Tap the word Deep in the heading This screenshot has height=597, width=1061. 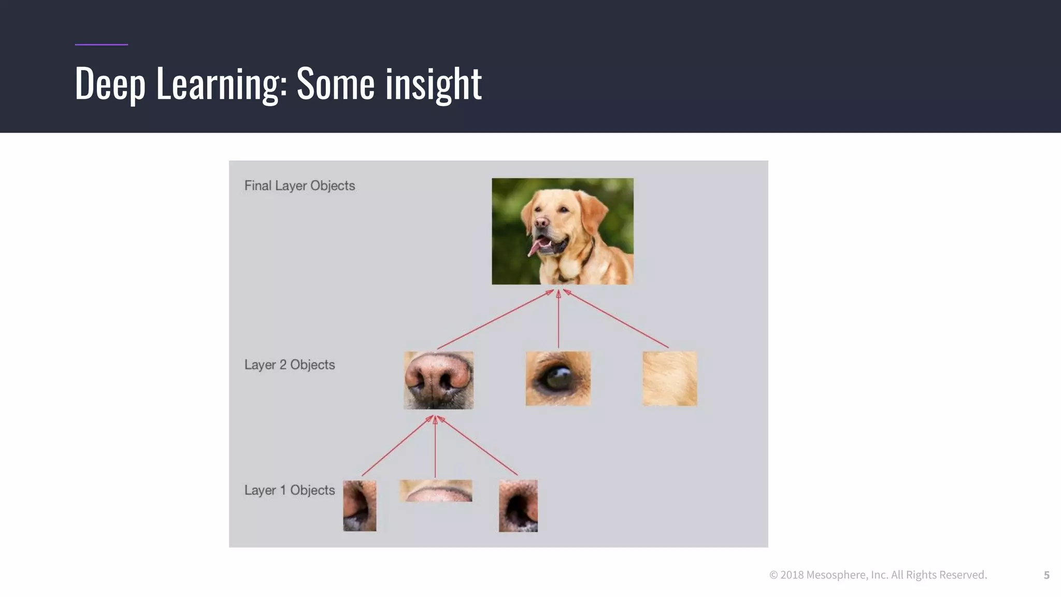click(109, 84)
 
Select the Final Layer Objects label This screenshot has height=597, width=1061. click(299, 186)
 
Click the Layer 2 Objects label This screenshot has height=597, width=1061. click(290, 365)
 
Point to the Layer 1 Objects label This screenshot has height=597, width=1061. click(290, 490)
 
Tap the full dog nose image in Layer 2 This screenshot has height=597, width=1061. click(438, 380)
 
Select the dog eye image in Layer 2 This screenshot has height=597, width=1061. click(558, 378)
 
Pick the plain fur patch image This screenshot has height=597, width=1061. click(669, 378)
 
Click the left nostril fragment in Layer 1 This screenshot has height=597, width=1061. click(360, 506)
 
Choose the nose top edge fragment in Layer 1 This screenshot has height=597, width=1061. click(436, 491)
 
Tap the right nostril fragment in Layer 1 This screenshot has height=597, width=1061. click(518, 506)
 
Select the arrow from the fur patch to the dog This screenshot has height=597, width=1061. click(616, 319)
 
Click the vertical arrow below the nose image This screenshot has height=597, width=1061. click(435, 448)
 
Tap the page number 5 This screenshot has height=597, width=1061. click(1046, 575)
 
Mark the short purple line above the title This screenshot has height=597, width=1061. click(102, 45)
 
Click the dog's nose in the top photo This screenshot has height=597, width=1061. click(541, 223)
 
